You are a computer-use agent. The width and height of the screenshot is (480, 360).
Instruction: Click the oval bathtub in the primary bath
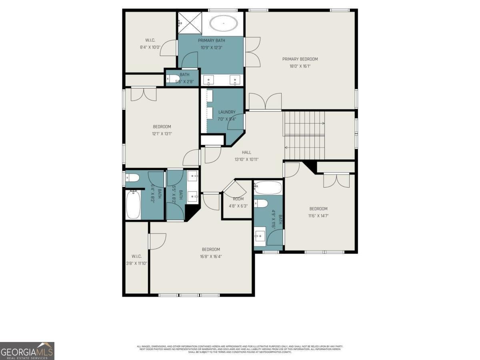223,24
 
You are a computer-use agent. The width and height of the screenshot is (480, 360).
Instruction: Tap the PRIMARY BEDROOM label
300,59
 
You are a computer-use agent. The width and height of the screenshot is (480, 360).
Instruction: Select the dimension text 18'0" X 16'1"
300,66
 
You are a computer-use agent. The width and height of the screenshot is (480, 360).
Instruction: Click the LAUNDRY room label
227,112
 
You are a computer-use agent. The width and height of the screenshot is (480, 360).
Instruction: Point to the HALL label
246,152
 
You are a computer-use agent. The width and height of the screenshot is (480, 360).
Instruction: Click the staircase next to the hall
304,135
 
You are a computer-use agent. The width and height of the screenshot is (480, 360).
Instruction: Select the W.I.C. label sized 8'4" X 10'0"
150,40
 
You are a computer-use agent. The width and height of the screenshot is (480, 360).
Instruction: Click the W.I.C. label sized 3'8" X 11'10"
137,256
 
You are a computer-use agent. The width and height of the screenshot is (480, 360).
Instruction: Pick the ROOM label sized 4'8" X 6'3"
238,199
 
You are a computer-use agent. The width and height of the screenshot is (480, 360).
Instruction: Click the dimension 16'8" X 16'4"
211,256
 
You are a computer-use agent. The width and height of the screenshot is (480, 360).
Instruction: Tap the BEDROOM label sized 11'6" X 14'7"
318,208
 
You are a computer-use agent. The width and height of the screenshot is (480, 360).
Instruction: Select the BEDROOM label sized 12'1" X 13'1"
162,127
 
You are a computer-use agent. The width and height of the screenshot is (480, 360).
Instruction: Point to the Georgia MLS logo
27,351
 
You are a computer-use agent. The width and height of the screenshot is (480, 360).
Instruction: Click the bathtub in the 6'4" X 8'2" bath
133,205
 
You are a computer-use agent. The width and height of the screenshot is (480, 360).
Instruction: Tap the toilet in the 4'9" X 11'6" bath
261,203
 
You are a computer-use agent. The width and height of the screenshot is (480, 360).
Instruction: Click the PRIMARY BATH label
211,40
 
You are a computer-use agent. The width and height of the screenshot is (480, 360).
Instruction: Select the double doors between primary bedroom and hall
265,102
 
